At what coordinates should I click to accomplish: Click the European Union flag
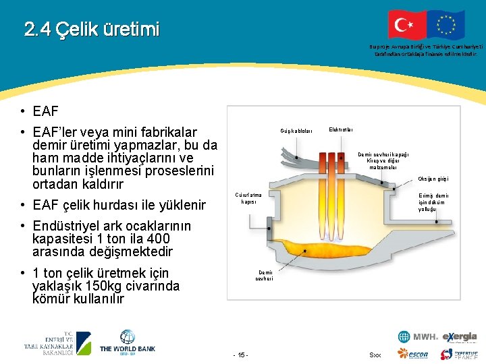[446, 25]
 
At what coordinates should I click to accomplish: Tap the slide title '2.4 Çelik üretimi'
[92, 30]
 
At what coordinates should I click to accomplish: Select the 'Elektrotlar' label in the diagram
[340, 129]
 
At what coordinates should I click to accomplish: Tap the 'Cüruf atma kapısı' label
[248, 198]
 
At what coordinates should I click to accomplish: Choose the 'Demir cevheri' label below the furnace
[264, 276]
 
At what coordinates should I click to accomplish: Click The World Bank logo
[128, 342]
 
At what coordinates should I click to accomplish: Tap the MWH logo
[418, 336]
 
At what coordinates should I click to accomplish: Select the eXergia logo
[460, 336]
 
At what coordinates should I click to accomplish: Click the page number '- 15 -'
[240, 355]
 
